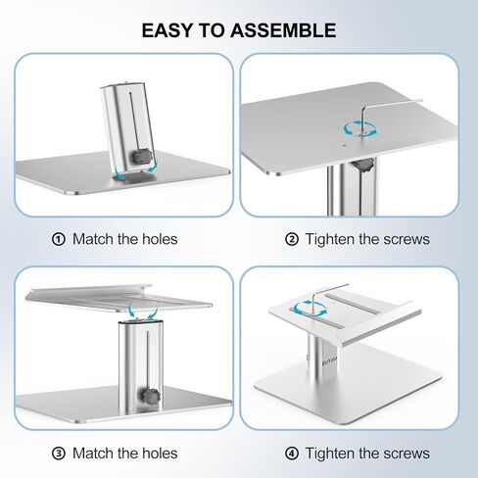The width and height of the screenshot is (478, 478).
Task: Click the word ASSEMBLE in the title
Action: [x=289, y=30]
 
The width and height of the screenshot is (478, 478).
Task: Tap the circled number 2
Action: [x=291, y=238]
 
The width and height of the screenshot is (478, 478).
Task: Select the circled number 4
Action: [x=291, y=453]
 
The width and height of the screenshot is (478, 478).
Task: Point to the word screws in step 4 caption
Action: [x=405, y=453]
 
